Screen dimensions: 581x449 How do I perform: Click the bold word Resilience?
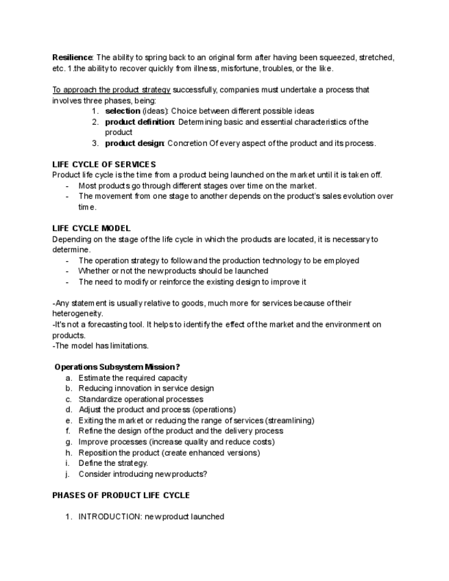(72, 58)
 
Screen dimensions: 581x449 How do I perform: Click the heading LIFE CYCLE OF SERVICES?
(104, 164)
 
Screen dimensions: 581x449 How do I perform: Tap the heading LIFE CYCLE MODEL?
(91, 228)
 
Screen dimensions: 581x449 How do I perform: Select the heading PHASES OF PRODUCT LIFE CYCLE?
(121, 495)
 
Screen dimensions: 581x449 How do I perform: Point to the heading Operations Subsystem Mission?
(117, 367)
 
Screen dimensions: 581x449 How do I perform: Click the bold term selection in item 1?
(122, 111)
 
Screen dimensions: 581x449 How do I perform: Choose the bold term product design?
(134, 143)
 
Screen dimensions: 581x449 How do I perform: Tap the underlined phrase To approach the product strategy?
(111, 90)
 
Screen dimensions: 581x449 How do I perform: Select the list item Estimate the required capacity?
(132, 378)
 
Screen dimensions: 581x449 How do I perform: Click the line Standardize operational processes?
(141, 399)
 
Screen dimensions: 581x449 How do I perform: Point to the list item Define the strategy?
(113, 463)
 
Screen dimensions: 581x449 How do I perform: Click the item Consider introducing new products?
(143, 473)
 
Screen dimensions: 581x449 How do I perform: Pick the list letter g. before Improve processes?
(69, 442)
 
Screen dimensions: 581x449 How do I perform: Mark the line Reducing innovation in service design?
(146, 388)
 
